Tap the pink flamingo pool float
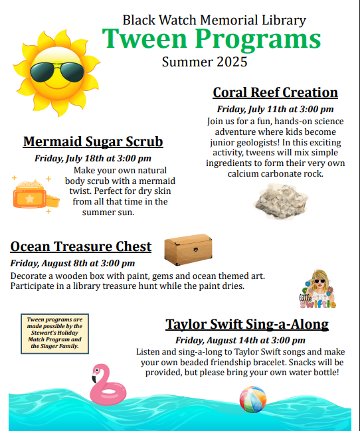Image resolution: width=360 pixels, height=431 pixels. [x=108, y=385]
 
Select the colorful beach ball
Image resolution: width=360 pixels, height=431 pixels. [x=253, y=399]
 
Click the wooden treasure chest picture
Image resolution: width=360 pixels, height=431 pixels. [x=188, y=250]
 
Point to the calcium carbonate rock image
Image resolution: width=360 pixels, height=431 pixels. [x=281, y=201]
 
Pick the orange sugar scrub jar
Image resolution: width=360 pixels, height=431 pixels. [x=36, y=195]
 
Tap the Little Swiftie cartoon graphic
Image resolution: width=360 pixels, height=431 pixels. [x=317, y=289]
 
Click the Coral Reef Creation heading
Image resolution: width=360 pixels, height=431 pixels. [x=275, y=92]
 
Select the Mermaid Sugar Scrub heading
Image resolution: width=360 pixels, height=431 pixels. [x=93, y=142]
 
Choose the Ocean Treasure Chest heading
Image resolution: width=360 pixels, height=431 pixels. [x=81, y=246]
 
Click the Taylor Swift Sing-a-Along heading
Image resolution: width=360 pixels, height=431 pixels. [x=247, y=324]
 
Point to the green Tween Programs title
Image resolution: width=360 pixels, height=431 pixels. [x=211, y=39]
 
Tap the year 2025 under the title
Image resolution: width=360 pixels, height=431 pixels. [x=232, y=62]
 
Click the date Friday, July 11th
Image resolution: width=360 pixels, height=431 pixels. [x=253, y=109]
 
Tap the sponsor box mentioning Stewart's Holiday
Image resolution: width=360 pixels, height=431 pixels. [x=54, y=333]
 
